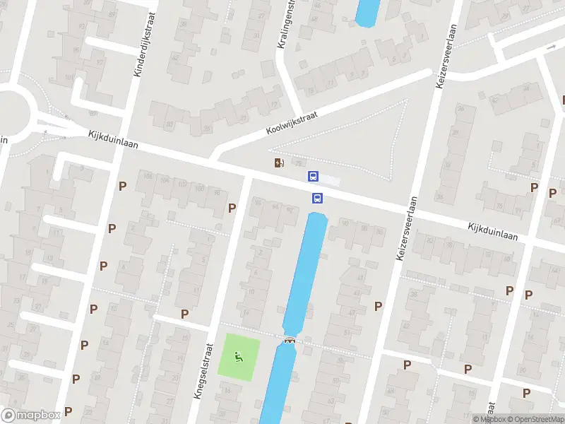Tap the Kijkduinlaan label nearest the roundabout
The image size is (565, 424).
tap(114, 139)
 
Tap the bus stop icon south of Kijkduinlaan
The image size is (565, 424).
tap(318, 199)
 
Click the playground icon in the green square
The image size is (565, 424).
tap(239, 358)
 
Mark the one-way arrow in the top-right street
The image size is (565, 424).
tap(552, 47)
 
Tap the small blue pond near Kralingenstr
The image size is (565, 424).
tap(367, 13)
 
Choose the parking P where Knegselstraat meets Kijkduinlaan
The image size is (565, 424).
tap(232, 208)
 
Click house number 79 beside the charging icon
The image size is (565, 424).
tap(297, 163)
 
